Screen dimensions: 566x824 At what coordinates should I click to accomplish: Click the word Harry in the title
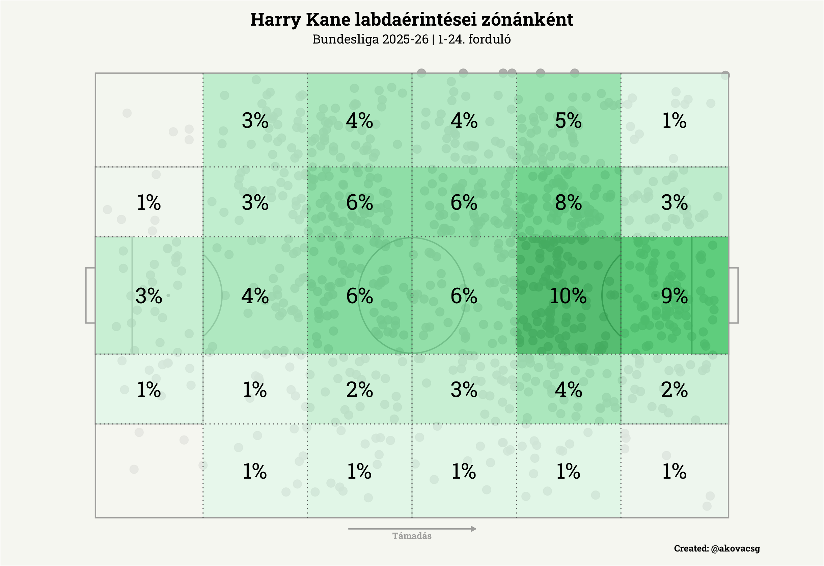click(x=275, y=20)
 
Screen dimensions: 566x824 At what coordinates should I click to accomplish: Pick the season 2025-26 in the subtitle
click(x=405, y=39)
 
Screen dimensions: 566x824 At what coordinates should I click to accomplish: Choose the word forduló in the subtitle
click(x=489, y=39)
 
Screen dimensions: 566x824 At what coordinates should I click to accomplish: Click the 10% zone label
click(x=568, y=296)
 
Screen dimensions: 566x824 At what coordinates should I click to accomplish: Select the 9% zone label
click(x=674, y=296)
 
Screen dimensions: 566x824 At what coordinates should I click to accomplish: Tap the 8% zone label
click(x=568, y=203)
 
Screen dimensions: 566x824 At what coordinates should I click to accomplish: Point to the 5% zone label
click(x=568, y=120)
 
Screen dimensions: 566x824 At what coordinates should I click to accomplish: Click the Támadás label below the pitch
click(x=412, y=536)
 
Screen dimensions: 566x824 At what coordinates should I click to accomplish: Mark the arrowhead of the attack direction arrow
click(x=473, y=529)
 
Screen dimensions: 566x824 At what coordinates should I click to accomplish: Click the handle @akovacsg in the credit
click(x=735, y=548)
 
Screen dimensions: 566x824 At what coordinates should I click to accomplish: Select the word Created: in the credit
click(x=691, y=548)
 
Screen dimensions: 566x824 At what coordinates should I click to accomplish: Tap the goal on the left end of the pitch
click(x=90, y=295)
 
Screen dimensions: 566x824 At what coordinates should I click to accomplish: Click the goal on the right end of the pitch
click(x=734, y=295)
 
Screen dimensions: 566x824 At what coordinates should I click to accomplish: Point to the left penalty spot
click(x=168, y=295)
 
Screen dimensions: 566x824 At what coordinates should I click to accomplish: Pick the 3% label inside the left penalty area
click(x=148, y=296)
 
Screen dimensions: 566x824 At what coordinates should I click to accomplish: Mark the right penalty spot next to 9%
click(x=655, y=295)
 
